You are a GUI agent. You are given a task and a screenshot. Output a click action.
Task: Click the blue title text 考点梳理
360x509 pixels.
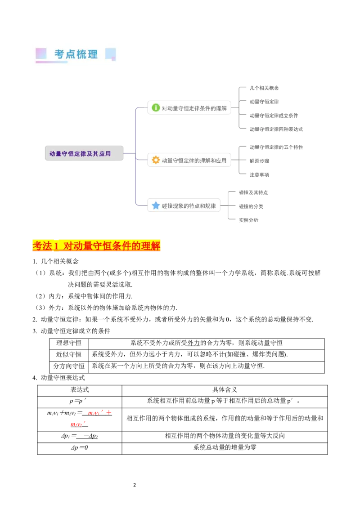[76, 54]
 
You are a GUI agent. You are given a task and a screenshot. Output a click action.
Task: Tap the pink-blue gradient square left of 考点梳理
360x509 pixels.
[41, 54]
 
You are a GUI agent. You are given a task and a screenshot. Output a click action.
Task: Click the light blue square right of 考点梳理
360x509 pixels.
[110, 54]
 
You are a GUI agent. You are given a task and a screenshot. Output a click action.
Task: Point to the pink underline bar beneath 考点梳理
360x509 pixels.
[51, 63]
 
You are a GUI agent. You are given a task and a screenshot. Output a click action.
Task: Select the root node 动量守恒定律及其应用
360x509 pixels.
[84, 153]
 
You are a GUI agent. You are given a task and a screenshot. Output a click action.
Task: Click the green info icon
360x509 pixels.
[156, 108]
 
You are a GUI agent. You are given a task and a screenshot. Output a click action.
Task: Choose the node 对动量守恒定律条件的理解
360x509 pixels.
[194, 108]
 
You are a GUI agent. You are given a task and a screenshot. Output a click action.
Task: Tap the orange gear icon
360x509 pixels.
[156, 160]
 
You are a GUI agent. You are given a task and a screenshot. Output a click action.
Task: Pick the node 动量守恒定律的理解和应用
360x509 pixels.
[194, 160]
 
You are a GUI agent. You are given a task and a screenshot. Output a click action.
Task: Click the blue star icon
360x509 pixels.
[156, 206]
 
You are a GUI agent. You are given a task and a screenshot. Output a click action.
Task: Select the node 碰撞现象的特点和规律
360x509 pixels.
[189, 206]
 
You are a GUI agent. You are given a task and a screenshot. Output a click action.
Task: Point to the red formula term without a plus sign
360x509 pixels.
[77, 424]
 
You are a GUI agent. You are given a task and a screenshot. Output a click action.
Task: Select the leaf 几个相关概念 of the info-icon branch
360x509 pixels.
[265, 88]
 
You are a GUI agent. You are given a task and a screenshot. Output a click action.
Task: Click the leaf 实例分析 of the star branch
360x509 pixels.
[248, 220]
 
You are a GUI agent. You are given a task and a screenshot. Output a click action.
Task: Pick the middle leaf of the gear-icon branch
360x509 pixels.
[260, 161]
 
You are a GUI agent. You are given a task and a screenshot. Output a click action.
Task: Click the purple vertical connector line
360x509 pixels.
[135, 157]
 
